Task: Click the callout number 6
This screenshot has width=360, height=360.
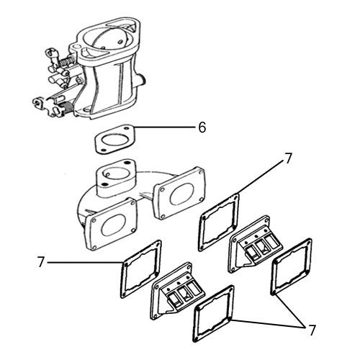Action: point(202,127)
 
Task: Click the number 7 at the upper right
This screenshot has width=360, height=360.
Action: point(288,158)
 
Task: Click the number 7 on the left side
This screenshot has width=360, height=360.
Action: point(41,263)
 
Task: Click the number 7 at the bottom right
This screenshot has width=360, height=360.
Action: point(311,331)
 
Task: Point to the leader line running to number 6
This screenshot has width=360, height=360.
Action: point(166,128)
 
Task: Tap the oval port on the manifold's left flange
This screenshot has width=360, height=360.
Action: point(113,225)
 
